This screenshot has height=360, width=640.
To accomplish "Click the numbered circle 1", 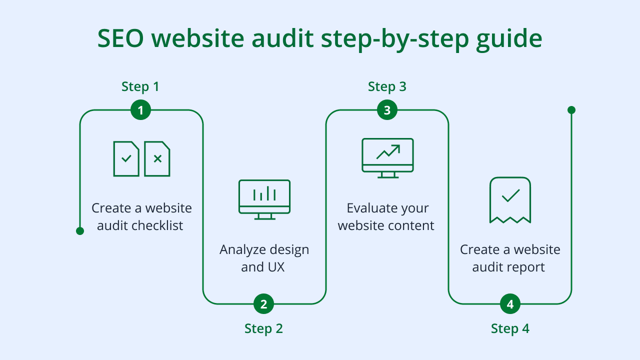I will click(140, 110).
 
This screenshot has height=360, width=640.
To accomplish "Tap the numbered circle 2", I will click(263, 303).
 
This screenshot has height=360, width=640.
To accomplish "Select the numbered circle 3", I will click(387, 110).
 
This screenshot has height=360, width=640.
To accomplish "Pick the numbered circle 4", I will click(510, 303).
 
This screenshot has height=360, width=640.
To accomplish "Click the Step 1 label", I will click(140, 86).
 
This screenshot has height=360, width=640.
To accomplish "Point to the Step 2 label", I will click(263, 328).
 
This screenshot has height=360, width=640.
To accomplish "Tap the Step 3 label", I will click(387, 86).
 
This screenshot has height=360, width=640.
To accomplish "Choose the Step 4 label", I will click(510, 328).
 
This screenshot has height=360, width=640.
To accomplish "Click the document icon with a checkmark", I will click(126, 158).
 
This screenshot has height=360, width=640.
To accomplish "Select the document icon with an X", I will click(157, 158).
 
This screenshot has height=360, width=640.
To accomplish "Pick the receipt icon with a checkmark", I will click(510, 199).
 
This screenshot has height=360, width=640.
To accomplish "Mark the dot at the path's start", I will click(80, 231).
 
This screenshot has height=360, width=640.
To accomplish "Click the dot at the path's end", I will click(571, 110).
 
